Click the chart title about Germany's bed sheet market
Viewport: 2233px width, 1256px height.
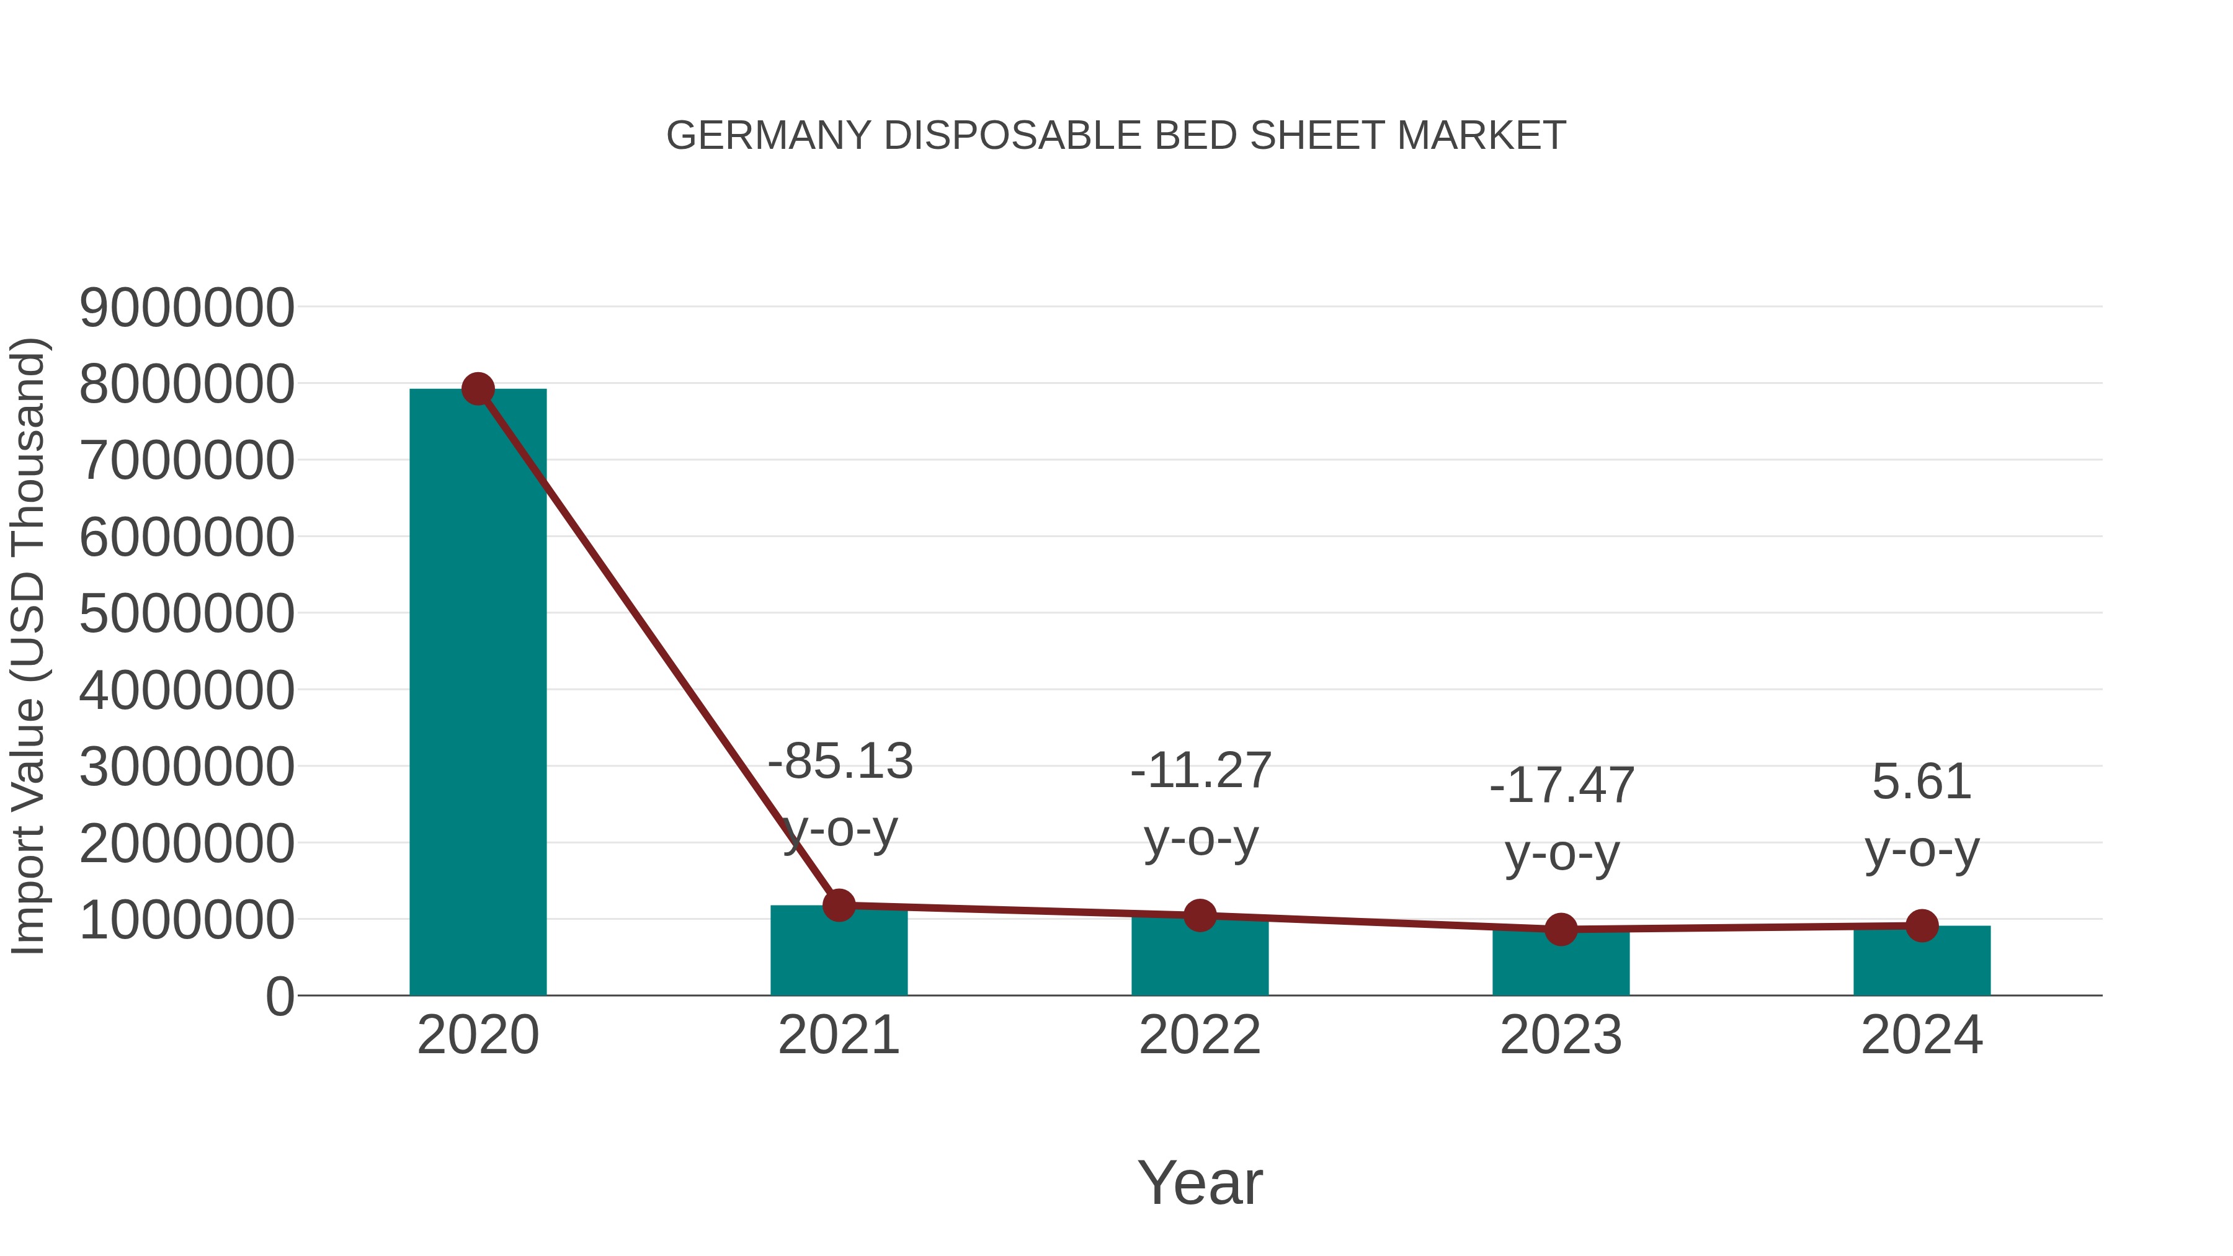coord(1116,136)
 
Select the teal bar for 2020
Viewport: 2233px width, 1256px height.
coord(478,693)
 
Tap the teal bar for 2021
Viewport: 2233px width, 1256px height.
coord(838,953)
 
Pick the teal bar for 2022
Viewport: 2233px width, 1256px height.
coord(1200,958)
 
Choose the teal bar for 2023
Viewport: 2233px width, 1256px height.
coord(1561,964)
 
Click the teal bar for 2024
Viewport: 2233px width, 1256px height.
coord(1922,962)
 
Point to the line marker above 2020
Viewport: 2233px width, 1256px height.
coord(478,389)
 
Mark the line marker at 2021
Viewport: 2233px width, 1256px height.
coord(838,905)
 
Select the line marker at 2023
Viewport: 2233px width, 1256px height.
coord(1561,929)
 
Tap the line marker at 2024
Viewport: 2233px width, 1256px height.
coord(1922,926)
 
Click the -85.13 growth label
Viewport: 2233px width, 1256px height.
coord(840,761)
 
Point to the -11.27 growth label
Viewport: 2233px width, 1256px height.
coord(1201,770)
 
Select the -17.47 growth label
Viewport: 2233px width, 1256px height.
coord(1561,785)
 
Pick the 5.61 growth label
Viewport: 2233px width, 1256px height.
coord(1922,782)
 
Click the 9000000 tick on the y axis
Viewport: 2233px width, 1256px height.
coord(186,308)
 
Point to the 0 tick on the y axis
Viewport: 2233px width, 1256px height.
coord(279,997)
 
